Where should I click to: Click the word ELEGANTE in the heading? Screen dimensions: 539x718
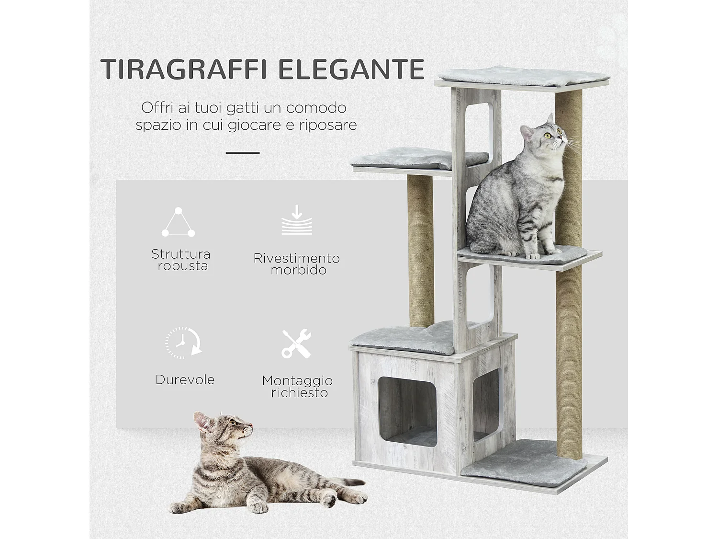(352, 69)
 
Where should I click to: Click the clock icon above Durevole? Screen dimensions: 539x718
(183, 343)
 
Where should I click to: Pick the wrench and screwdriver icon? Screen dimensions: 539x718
(296, 344)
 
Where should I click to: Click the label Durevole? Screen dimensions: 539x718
(185, 380)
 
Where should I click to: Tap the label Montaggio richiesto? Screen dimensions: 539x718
(297, 387)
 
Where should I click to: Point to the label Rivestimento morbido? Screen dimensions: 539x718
(297, 264)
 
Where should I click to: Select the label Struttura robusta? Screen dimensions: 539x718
(181, 260)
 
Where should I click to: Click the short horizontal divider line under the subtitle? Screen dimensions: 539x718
(242, 153)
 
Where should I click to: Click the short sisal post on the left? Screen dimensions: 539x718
(420, 249)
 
